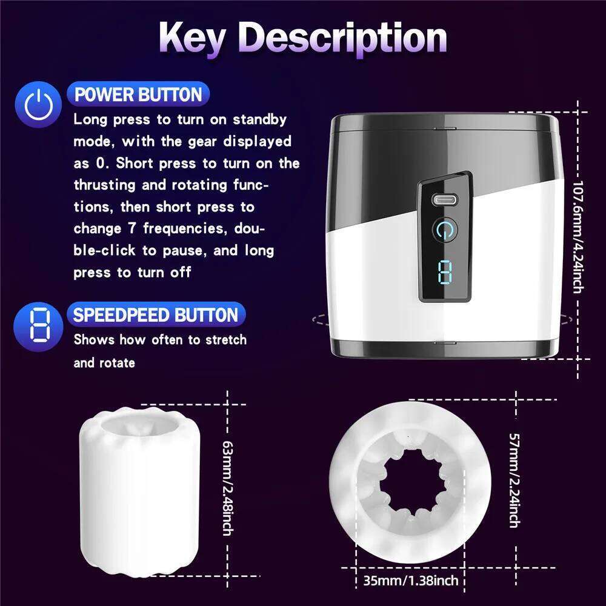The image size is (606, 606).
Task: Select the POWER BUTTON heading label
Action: coord(138,95)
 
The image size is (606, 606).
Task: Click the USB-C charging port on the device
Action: coord(444,199)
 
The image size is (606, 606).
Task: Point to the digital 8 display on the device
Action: coord(444,271)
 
